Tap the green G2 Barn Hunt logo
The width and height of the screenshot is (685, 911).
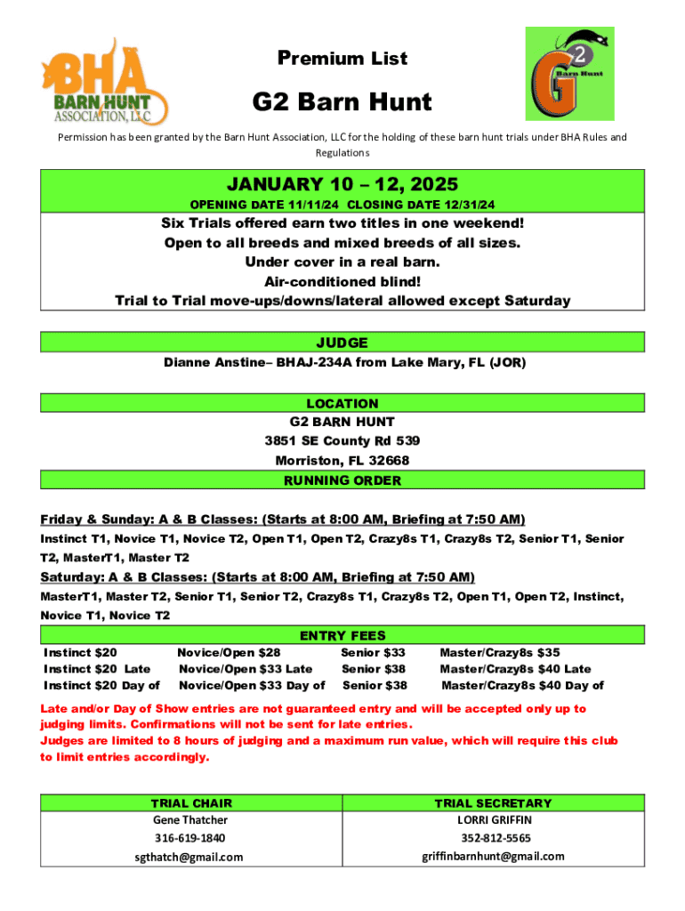pos(569,73)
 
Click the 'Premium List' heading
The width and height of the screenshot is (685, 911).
pos(342,59)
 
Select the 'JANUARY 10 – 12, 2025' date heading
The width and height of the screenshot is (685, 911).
pos(342,185)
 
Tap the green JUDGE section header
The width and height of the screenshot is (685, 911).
pos(342,343)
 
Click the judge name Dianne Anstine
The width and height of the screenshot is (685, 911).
pos(214,363)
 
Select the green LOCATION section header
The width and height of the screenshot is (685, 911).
pos(342,403)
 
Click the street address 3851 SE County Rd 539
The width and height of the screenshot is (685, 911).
pos(342,440)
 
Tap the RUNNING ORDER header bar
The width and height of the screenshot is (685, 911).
pos(342,480)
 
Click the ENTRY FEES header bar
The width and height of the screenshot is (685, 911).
pos(342,635)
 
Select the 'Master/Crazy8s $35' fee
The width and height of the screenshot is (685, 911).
pos(500,653)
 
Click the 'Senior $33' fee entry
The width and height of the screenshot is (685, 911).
pos(373,653)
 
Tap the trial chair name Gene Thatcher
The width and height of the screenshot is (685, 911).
pos(190,819)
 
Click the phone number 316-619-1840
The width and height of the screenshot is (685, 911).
pos(190,838)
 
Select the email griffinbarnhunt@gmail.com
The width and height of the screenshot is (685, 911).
pos(493,856)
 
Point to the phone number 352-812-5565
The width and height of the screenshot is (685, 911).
pos(496,838)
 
